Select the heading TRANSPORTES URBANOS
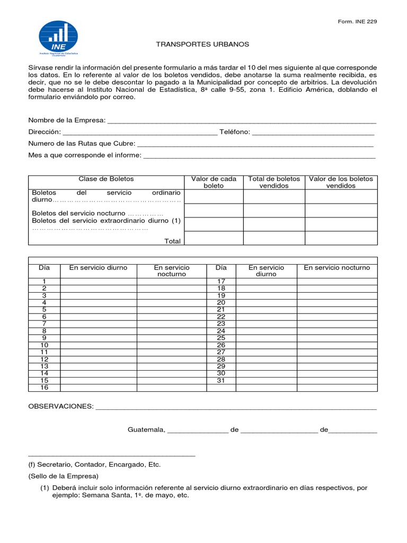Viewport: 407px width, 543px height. tap(202, 44)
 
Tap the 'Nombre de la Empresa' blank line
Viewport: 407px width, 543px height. tap(242, 121)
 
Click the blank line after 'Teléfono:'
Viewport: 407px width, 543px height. tap(313, 133)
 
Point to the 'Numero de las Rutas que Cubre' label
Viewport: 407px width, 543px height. tap(82, 144)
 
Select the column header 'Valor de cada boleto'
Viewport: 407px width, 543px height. tap(214, 182)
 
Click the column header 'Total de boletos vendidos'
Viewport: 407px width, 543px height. tap(274, 182)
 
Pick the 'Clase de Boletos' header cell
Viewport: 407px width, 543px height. tap(106, 179)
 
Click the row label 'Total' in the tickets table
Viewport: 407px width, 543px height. tap(172, 241)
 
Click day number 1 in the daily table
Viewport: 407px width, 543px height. tap(45, 281)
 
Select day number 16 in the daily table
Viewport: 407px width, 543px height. tap(45, 388)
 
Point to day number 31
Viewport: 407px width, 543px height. tap(222, 381)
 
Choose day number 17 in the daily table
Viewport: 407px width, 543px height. tap(222, 281)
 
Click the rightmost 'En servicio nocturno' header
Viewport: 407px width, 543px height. tap(337, 268)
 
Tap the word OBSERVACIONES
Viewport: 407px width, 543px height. tap(60, 406)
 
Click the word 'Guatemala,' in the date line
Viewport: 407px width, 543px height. tap(146, 430)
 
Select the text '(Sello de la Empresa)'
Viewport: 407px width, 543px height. tap(64, 476)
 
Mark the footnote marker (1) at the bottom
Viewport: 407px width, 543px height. tap(45, 488)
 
